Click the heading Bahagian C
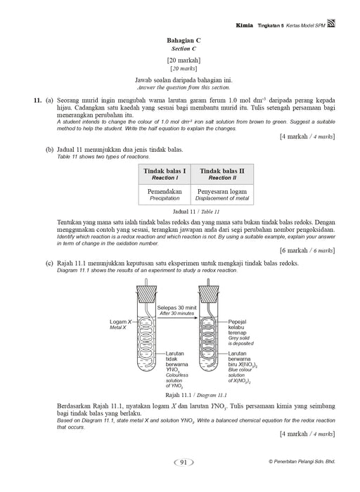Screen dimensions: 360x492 (x=184, y=41)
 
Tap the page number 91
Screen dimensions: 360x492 (x=184, y=462)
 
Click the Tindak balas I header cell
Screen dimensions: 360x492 (x=165, y=174)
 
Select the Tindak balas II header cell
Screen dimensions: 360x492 (x=222, y=174)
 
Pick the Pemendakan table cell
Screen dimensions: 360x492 (x=165, y=195)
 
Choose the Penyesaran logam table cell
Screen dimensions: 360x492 (x=222, y=195)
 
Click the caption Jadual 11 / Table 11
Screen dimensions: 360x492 (x=196, y=212)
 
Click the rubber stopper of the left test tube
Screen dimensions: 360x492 (x=146, y=294)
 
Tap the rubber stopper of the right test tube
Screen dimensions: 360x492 (x=209, y=294)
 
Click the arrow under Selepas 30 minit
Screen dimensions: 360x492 (x=177, y=318)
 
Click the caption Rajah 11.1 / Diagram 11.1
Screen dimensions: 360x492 (x=196, y=395)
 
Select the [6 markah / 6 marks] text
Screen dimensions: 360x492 (x=307, y=250)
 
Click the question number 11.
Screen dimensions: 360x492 (x=38, y=101)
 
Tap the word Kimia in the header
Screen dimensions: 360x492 (x=245, y=25)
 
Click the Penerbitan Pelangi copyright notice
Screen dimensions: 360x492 (x=302, y=462)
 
